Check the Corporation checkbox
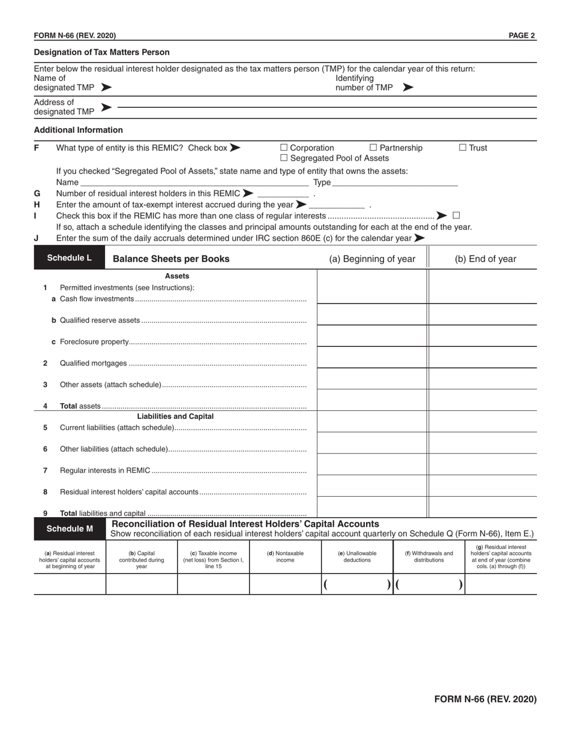click(x=284, y=148)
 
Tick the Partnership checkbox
click(x=373, y=148)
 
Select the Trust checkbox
click(x=463, y=148)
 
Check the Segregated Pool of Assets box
click(x=284, y=158)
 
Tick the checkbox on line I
click(x=456, y=215)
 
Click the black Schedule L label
click(x=70, y=259)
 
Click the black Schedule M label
click(x=70, y=529)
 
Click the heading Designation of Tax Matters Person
click(x=101, y=52)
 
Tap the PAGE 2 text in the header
click(x=521, y=35)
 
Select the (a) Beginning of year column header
click(x=372, y=259)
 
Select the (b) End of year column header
click(x=485, y=259)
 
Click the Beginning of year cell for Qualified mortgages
click(x=372, y=358)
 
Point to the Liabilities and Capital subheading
click(x=175, y=416)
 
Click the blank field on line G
click(x=283, y=194)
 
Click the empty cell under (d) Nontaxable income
click(x=285, y=584)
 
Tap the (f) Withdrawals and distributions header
click(x=429, y=557)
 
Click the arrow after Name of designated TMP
click(x=106, y=88)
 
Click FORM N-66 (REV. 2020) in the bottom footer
click(x=485, y=699)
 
